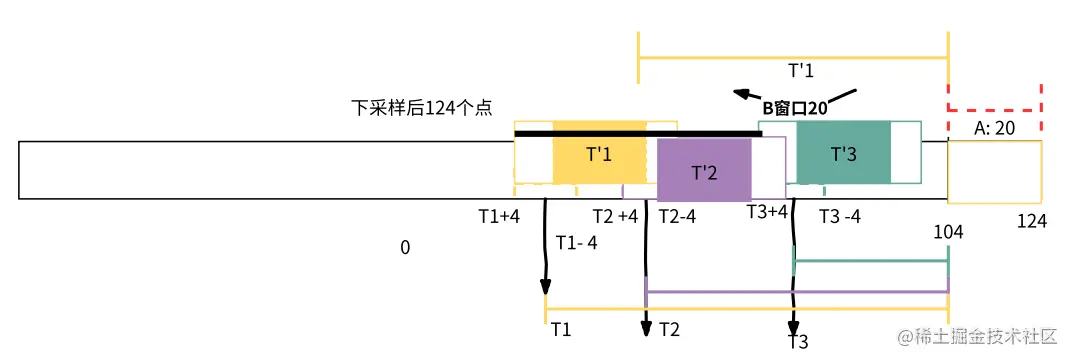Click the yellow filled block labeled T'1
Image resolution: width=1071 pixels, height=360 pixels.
pyautogui.click(x=599, y=155)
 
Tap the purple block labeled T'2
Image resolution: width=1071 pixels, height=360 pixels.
pyautogui.click(x=704, y=171)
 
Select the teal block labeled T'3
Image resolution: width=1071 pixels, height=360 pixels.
pyautogui.click(x=843, y=154)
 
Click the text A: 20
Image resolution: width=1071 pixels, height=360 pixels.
pyautogui.click(x=994, y=128)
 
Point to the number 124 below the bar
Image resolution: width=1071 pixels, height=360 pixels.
pyautogui.click(x=1031, y=221)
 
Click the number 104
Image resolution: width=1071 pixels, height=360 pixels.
pyautogui.click(x=948, y=232)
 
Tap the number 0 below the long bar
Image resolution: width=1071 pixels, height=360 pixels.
pyautogui.click(x=405, y=247)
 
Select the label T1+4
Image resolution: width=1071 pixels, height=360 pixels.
pyautogui.click(x=499, y=216)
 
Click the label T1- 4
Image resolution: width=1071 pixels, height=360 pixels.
pyautogui.click(x=576, y=242)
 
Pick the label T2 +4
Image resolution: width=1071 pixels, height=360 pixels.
pyautogui.click(x=615, y=217)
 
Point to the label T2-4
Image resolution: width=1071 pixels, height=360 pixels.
pyautogui.click(x=677, y=217)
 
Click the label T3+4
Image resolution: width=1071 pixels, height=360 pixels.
pyautogui.click(x=768, y=211)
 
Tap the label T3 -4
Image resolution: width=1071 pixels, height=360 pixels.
pyautogui.click(x=840, y=217)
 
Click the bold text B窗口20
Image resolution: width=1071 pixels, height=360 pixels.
pyautogui.click(x=795, y=108)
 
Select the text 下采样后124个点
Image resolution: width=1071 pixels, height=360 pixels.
pyautogui.click(x=420, y=108)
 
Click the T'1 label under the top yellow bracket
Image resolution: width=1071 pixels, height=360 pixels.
pyautogui.click(x=801, y=71)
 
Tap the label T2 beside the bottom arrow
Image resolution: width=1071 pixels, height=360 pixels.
pyautogui.click(x=670, y=329)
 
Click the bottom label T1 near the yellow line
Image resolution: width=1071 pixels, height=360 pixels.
pyautogui.click(x=561, y=329)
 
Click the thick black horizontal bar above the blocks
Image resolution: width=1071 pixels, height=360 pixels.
pyautogui.click(x=638, y=133)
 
